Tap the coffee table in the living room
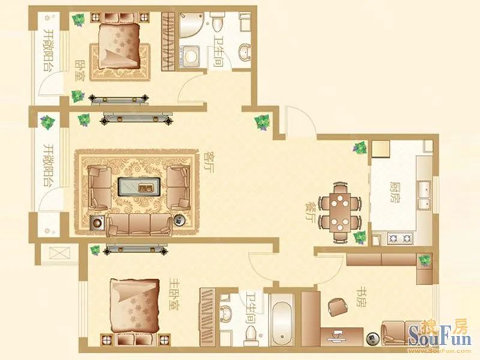[x=139, y=187]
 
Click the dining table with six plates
[x=340, y=212]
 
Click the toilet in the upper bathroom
[x=217, y=23]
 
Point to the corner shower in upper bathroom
[x=190, y=25]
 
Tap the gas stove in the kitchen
[x=400, y=238]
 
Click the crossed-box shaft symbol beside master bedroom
[x=59, y=253]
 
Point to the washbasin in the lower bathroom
[x=227, y=312]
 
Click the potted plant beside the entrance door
[x=262, y=122]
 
